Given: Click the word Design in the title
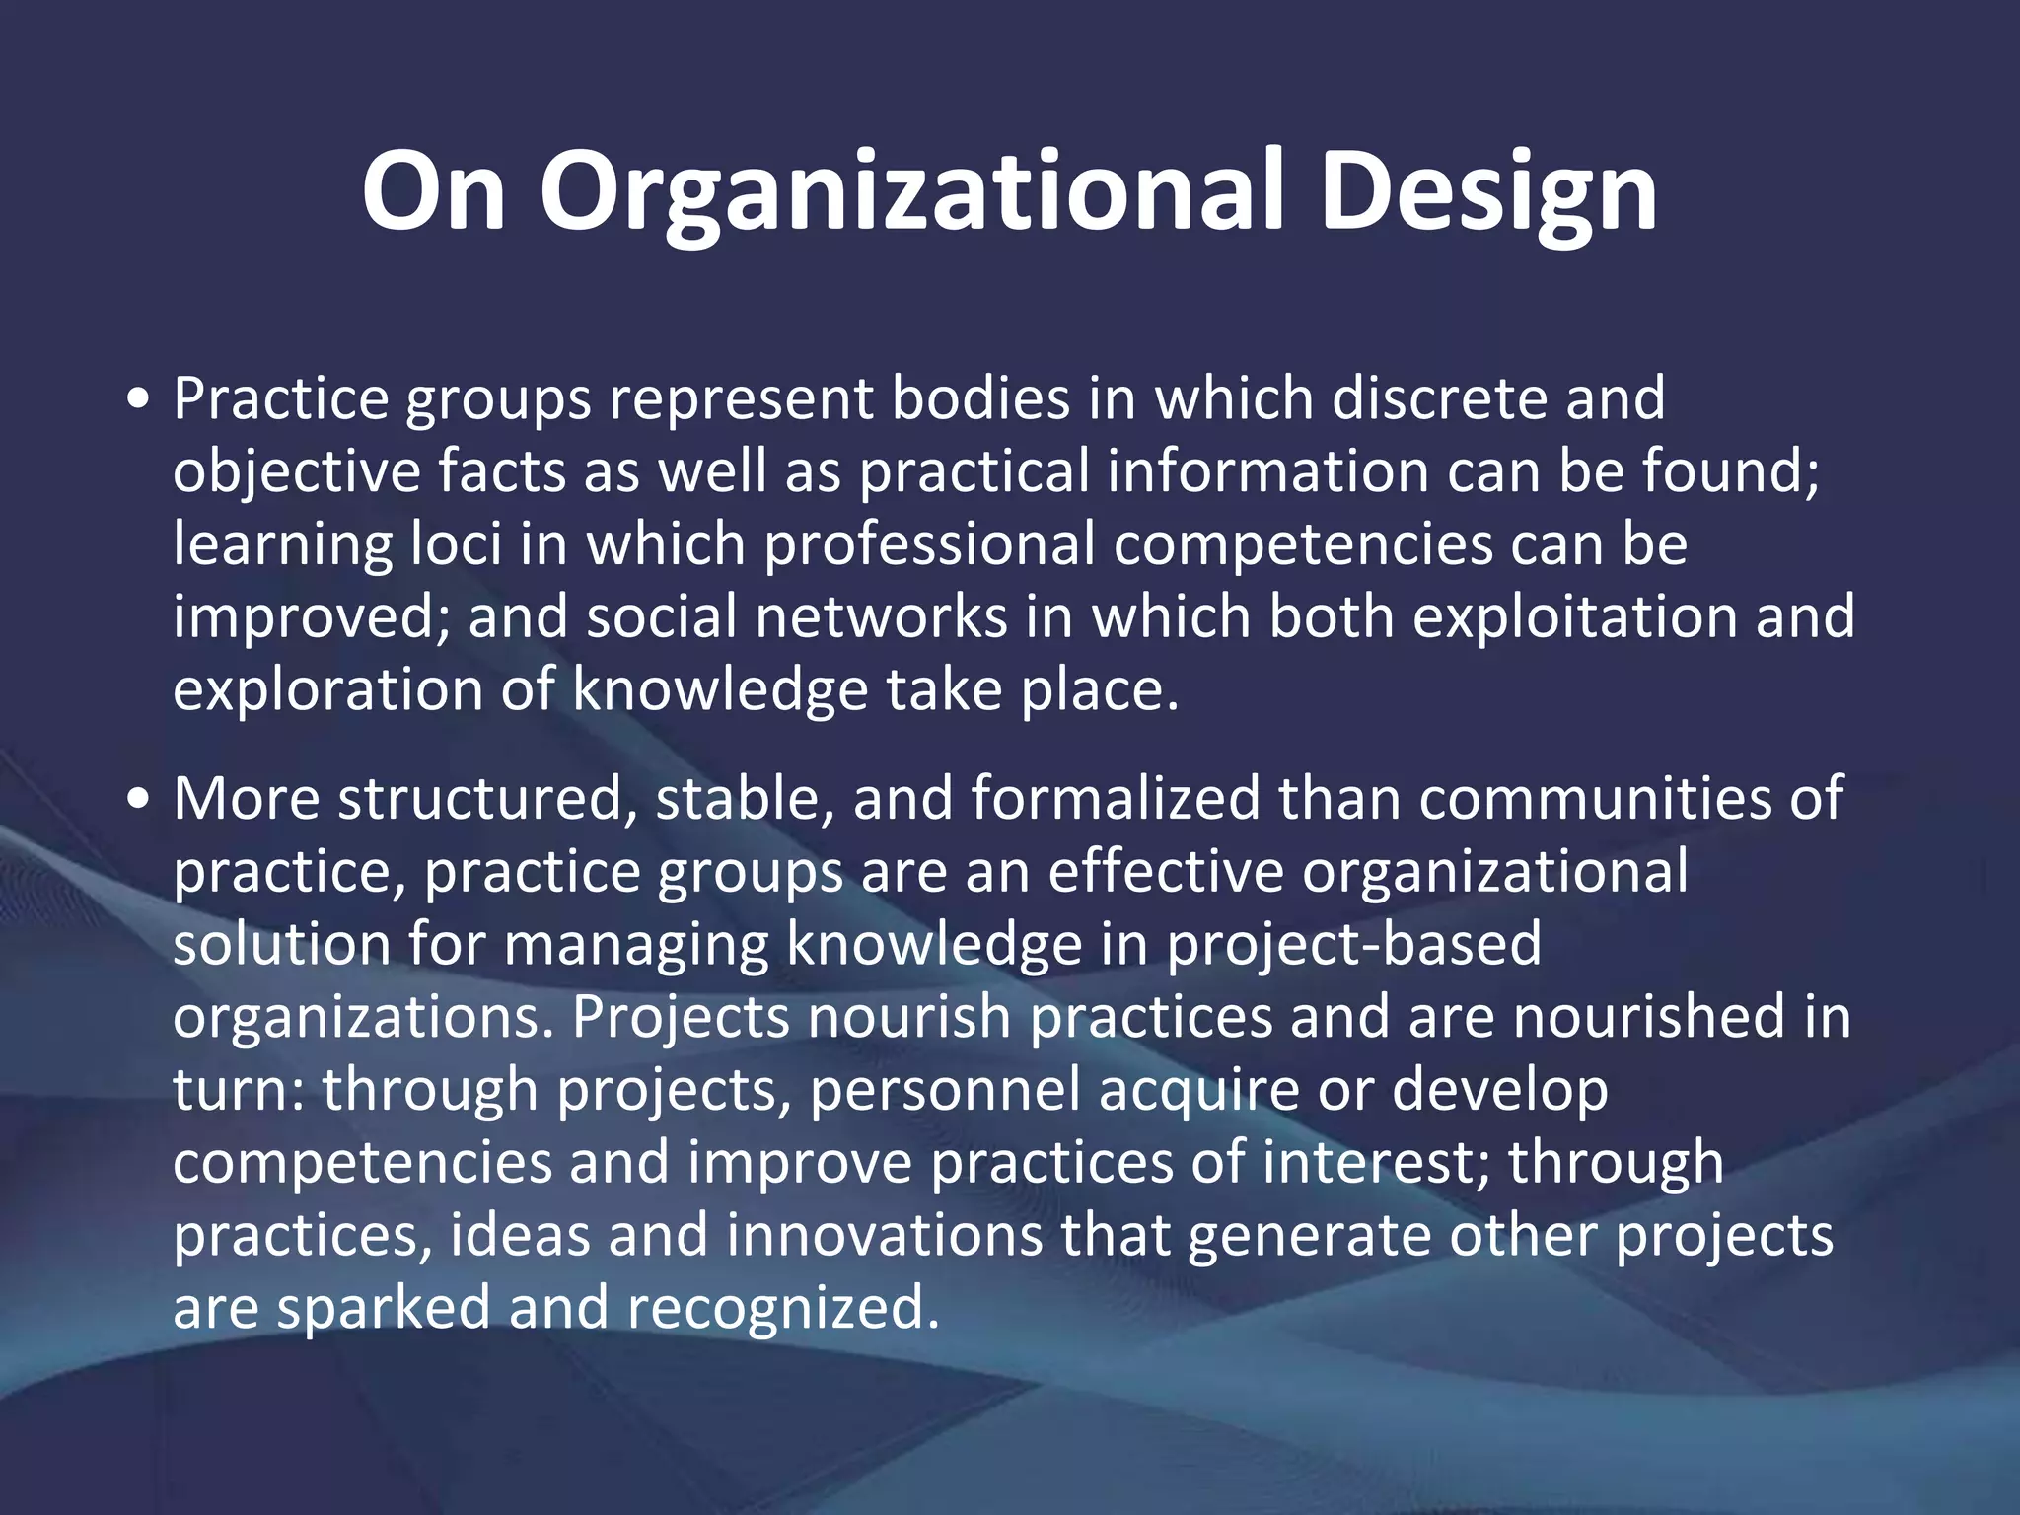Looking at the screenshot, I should pos(1488,192).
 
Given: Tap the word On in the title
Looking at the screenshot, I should pos(434,192).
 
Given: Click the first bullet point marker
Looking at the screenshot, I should pos(139,400).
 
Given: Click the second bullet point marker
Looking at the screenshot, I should pos(139,800).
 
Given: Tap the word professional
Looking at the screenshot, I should pos(930,543).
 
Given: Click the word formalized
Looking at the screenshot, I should pos(1116,798).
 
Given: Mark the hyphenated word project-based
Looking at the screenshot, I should pos(1354,944).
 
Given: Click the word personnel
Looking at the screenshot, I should pos(945,1090).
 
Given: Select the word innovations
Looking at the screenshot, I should pos(884,1235).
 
